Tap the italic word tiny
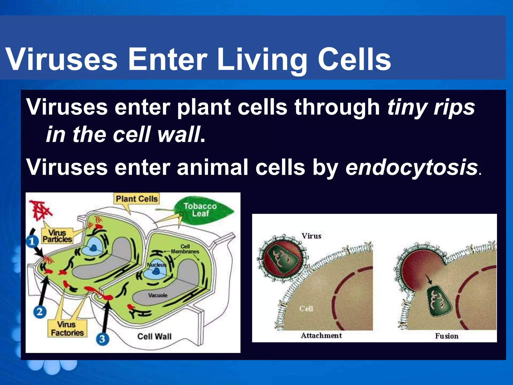click(x=408, y=107)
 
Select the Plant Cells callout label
click(x=137, y=199)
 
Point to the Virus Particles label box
click(x=57, y=236)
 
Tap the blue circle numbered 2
click(x=40, y=312)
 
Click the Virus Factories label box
click(x=67, y=329)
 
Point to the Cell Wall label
click(x=154, y=336)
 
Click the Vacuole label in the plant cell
click(x=158, y=295)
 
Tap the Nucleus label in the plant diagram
click(x=156, y=265)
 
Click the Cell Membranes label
click(x=185, y=249)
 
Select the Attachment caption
click(x=321, y=335)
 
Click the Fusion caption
click(x=447, y=336)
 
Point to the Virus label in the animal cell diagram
click(x=311, y=236)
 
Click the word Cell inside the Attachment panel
click(x=306, y=309)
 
